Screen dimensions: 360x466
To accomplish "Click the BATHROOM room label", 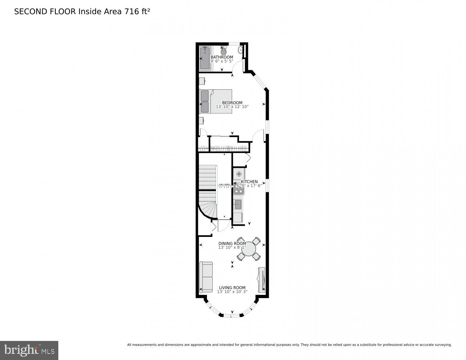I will [x=222, y=57].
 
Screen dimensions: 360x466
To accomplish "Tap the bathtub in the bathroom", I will [x=205, y=58].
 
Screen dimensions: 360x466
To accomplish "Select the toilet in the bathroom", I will [x=224, y=51].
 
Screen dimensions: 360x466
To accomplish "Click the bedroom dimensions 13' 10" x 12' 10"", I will [x=232, y=107].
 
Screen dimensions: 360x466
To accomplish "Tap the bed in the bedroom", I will [x=216, y=102].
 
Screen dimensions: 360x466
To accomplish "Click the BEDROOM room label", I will [x=232, y=103].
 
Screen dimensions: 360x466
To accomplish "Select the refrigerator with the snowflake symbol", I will [x=238, y=174].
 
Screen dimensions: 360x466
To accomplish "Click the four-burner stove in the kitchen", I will [x=238, y=189].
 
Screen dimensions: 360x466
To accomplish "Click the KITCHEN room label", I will [x=249, y=181].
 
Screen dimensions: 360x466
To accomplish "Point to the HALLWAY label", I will [x=224, y=185].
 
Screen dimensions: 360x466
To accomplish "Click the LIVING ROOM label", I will [x=232, y=288].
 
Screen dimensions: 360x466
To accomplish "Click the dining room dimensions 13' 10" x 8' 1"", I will [x=232, y=248].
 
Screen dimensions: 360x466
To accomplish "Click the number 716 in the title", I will [x=132, y=12].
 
